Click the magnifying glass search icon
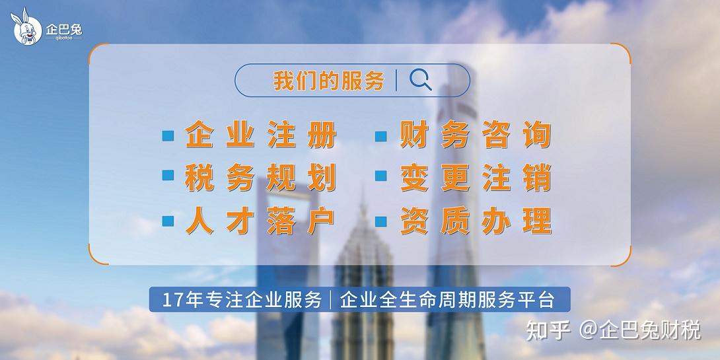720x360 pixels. click(421, 80)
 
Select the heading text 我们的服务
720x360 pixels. click(328, 81)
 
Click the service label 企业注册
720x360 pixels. click(261, 136)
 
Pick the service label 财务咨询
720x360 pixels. click(475, 136)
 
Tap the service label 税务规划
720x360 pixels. click(261, 177)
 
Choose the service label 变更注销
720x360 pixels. click(475, 177)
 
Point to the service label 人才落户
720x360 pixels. click(261, 220)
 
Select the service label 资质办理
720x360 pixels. click(475, 220)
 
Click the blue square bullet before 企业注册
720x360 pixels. click(168, 137)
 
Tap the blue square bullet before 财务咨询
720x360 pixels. click(381, 137)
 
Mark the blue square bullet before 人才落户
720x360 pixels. click(168, 221)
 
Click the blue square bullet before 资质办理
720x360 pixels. click(381, 221)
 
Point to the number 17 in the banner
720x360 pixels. click(171, 300)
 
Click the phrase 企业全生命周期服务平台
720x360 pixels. click(447, 300)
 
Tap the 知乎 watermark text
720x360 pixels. click(548, 330)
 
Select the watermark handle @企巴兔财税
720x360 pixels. click(640, 330)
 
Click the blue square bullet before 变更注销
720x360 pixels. click(381, 176)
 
